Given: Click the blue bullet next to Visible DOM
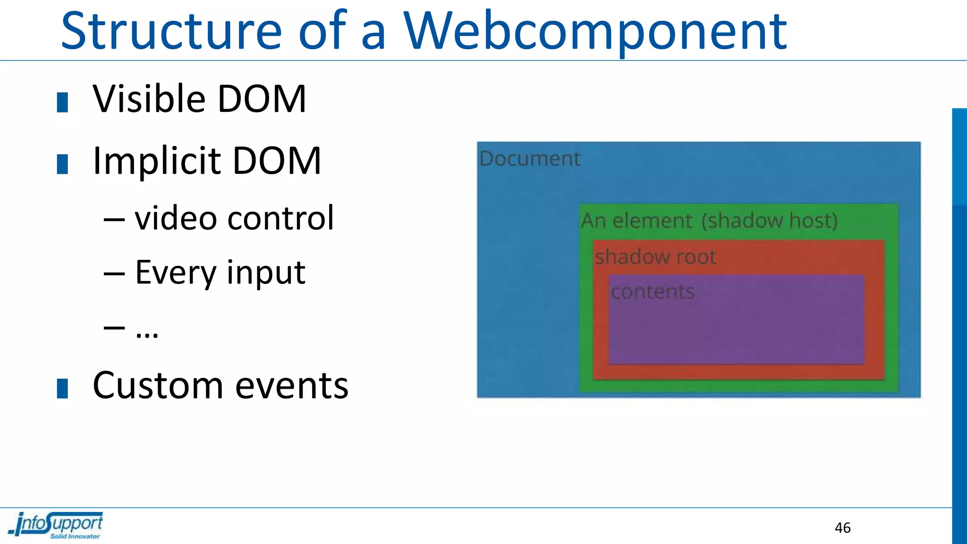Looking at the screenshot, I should click(62, 102).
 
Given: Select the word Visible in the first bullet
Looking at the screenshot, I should click(149, 99).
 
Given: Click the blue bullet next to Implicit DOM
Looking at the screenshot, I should click(62, 164).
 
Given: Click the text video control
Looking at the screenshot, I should click(234, 218).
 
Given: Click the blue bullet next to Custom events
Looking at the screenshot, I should click(62, 389).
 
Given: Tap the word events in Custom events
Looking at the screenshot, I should click(291, 386).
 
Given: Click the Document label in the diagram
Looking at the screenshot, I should click(530, 159).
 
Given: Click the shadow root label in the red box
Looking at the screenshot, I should click(655, 257).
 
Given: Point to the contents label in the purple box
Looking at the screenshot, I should click(653, 292).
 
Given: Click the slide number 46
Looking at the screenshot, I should click(842, 527).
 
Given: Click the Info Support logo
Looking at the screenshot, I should click(57, 523).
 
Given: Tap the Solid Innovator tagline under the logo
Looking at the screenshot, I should click(75, 536).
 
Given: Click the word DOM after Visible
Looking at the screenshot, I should click(262, 99).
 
